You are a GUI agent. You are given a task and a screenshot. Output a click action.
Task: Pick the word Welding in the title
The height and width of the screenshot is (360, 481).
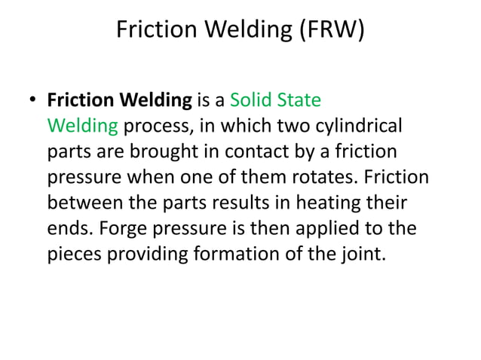pyautogui.click(x=240, y=31)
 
